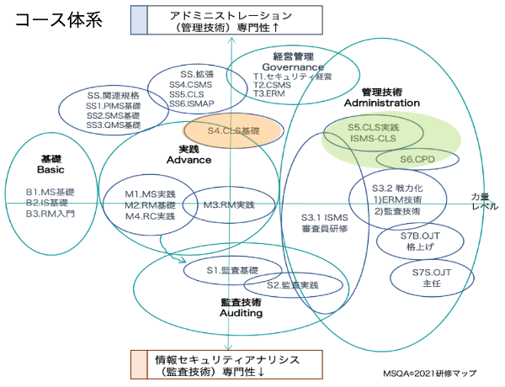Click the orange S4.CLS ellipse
[221, 132]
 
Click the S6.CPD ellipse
[417, 159]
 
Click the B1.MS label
[50, 193]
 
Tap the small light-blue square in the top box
[139, 19]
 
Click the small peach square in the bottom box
[139, 363]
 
